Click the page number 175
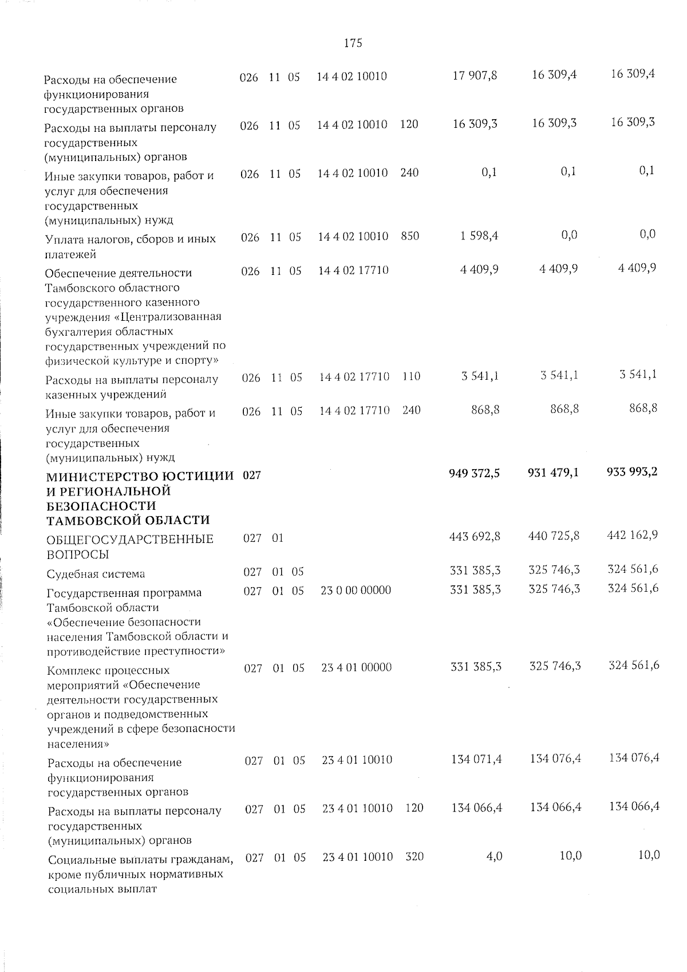[x=353, y=43]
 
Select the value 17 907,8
[x=475, y=76]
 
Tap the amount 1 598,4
[x=479, y=236]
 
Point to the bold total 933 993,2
[x=631, y=471]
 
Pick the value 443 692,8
[x=476, y=536]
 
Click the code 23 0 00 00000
[x=356, y=590]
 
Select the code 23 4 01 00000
[x=357, y=667]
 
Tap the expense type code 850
[x=410, y=236]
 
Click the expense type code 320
[x=414, y=857]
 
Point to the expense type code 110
[x=411, y=376]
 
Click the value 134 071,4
[x=476, y=760]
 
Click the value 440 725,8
[x=554, y=536]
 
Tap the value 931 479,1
[x=553, y=473]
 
